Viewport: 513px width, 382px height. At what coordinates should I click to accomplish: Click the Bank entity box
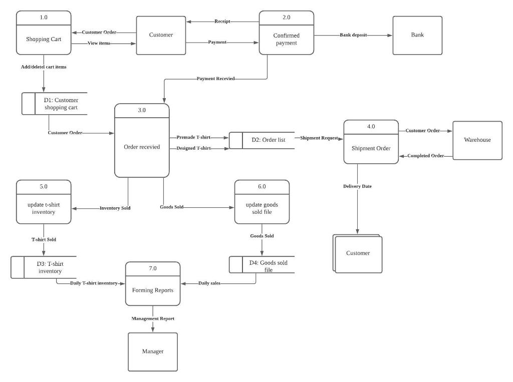tap(417, 35)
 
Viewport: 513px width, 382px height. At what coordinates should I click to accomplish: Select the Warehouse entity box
tap(477, 140)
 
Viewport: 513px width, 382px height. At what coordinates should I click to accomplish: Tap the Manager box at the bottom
tap(152, 351)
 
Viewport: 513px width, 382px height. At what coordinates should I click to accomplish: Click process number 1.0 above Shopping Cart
tap(44, 18)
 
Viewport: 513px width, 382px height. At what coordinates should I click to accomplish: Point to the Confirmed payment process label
tap(286, 39)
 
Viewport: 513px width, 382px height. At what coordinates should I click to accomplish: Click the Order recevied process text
tap(142, 147)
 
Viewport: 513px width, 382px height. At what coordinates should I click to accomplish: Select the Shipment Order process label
tap(371, 148)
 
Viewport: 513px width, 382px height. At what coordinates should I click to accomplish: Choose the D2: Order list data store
tap(268, 140)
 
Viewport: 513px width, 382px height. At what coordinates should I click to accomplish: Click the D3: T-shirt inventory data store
tap(50, 267)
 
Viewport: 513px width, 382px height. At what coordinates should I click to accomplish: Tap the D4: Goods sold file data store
tap(268, 266)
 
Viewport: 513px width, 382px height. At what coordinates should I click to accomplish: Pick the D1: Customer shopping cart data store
tap(61, 104)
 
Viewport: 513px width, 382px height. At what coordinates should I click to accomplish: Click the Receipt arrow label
tap(222, 22)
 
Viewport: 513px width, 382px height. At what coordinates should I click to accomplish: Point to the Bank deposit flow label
tap(353, 35)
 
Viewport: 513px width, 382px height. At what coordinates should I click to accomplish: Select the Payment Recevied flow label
tap(215, 79)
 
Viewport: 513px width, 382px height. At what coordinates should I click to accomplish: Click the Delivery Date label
tap(357, 186)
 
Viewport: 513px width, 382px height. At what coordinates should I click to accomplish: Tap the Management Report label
tap(153, 318)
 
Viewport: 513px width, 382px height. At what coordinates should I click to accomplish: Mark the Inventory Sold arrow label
tap(115, 208)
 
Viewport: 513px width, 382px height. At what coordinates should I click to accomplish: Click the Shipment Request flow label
tap(319, 138)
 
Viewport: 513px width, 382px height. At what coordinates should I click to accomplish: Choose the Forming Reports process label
tap(152, 290)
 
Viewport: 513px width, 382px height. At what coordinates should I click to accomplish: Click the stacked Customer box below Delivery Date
tap(358, 253)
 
